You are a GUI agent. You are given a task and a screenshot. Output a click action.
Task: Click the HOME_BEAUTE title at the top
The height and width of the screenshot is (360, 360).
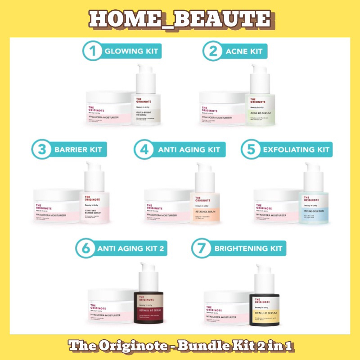click(x=180, y=19)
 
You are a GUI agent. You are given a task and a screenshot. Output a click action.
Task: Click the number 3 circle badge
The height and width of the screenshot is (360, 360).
click(x=42, y=149)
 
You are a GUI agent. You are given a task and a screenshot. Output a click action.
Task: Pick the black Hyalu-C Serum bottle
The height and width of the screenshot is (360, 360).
click(x=264, y=308)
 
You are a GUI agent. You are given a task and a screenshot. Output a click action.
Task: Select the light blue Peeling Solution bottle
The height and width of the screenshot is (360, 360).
click(x=314, y=205)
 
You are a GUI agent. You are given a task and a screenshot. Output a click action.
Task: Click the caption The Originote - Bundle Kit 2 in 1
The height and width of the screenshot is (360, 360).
click(x=180, y=347)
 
